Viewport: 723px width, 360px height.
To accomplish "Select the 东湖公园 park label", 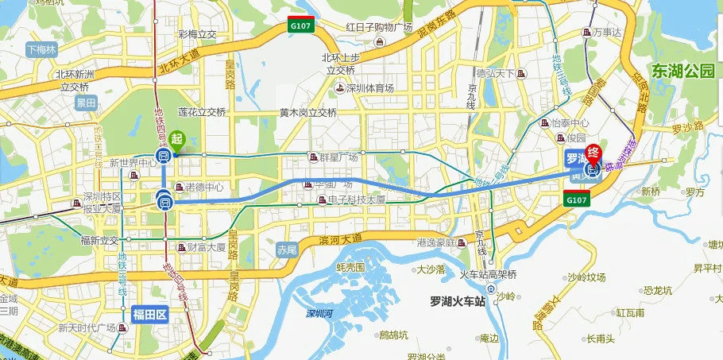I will point(682,71).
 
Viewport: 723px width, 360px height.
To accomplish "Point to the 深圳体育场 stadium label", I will point(369,88).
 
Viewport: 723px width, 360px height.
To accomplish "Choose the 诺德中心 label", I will point(203,188).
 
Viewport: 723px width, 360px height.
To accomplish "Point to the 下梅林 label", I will point(42,49).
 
